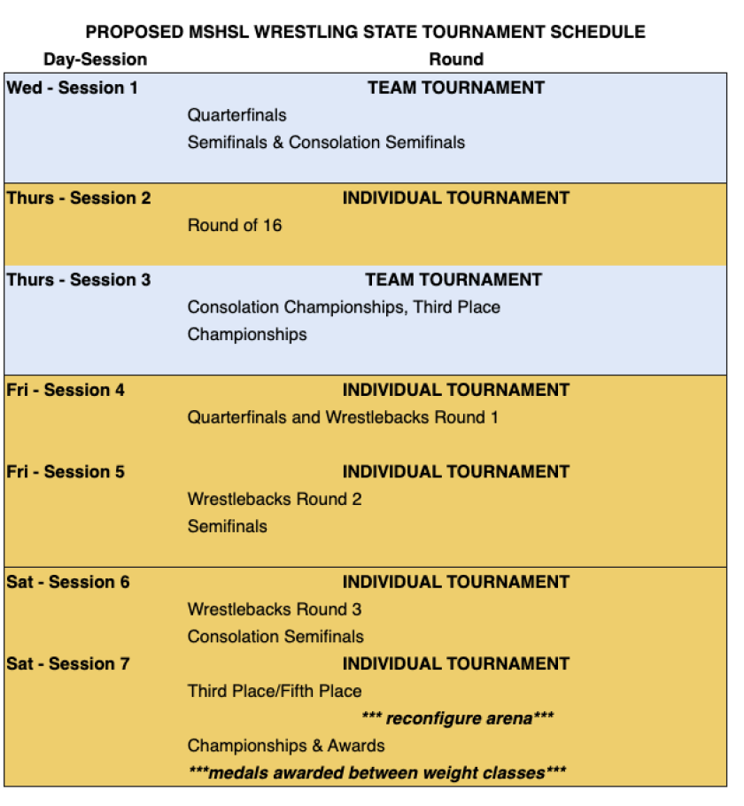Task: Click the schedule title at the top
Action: [x=365, y=33]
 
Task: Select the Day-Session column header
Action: [x=95, y=59]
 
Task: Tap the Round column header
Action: [x=456, y=59]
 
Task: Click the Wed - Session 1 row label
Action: [x=72, y=88]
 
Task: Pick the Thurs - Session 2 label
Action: [x=79, y=198]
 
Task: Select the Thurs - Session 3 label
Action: [x=79, y=280]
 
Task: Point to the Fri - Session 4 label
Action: [x=66, y=390]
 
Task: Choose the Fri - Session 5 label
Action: [x=66, y=472]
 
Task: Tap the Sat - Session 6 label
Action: [x=68, y=582]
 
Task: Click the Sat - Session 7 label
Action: [x=68, y=663]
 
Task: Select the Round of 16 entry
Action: [x=235, y=225]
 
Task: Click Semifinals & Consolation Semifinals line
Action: [x=326, y=143]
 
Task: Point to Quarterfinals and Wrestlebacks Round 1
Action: [x=343, y=417]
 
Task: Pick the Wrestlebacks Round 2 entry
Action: [x=275, y=499]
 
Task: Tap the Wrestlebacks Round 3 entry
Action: [x=275, y=609]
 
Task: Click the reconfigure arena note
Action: [x=458, y=717]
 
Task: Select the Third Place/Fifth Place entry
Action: [x=275, y=691]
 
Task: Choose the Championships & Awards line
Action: [x=286, y=745]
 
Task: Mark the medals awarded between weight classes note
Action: [x=377, y=772]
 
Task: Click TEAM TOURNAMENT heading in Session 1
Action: [x=456, y=88]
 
